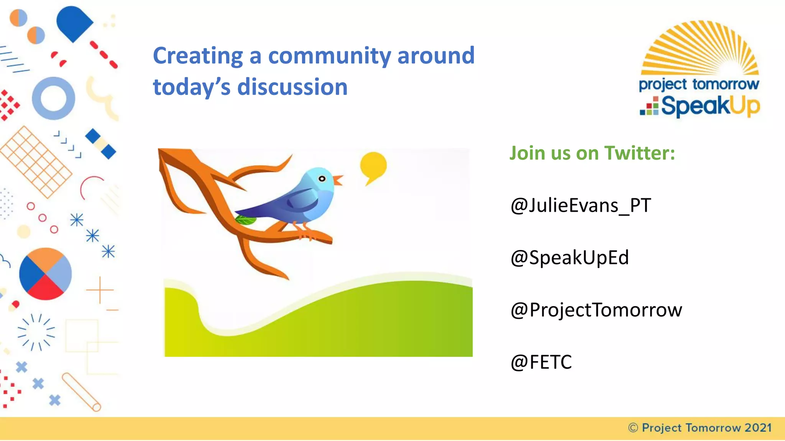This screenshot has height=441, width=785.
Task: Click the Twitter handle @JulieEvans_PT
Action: click(580, 206)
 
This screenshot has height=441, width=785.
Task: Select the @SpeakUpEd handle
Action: click(570, 258)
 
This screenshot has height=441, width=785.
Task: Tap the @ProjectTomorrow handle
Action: click(596, 310)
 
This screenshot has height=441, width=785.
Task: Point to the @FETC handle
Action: click(541, 362)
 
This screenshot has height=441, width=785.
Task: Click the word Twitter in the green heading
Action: click(639, 153)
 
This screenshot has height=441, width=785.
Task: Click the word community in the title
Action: click(329, 56)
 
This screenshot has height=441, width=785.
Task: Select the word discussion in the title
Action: click(292, 87)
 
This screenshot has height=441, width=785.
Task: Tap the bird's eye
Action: click(322, 179)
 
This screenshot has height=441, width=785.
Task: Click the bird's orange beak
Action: click(338, 180)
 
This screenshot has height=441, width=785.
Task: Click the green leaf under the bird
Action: click(245, 220)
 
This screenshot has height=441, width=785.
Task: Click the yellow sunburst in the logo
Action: click(700, 50)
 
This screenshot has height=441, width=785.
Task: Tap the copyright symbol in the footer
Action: click(633, 428)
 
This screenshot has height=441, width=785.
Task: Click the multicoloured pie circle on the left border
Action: click(45, 274)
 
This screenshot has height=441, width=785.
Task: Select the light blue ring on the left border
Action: click(53, 98)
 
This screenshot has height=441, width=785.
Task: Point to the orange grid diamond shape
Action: click(36, 162)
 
